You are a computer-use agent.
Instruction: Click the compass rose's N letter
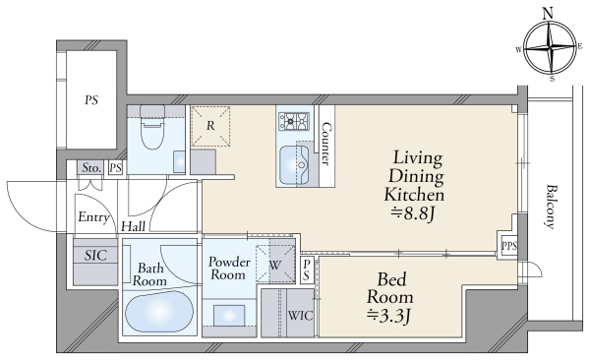coord(549,14)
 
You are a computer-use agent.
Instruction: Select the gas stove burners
coord(293,121)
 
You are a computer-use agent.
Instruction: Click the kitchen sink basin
coord(294,165)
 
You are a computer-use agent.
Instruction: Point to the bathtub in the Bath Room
coord(159,312)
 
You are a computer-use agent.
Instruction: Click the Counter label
coord(325,144)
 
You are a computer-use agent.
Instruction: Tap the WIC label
coord(300,315)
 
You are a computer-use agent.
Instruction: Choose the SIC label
coord(95,256)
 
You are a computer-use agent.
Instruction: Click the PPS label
coord(509,246)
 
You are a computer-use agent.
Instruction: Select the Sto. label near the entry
coord(91,167)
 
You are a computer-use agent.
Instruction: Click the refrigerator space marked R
coord(210,126)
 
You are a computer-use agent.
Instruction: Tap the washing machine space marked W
coord(275,264)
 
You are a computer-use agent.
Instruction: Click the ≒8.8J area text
coord(413,214)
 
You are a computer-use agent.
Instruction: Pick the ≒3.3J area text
coord(388,316)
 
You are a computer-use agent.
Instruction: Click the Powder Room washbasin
coord(229,316)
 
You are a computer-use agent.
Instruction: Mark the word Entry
coord(93,217)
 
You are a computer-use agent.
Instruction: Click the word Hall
coord(133,226)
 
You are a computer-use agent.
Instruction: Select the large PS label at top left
coord(91,100)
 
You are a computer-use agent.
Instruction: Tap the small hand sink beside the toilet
coord(179,162)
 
